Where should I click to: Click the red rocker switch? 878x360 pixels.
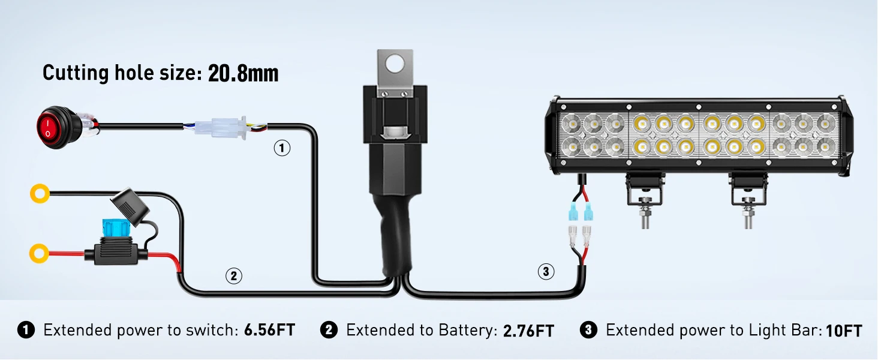point(59,127)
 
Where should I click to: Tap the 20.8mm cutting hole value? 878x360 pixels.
point(243,73)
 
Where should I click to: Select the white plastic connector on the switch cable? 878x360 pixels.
point(221,127)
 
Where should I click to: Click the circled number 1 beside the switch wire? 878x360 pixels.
point(282,148)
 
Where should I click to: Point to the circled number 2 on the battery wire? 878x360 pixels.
point(234,275)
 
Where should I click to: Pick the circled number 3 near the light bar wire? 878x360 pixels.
point(546,271)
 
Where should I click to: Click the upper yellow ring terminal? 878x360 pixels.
point(40,193)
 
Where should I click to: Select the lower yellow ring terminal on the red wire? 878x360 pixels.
point(39,253)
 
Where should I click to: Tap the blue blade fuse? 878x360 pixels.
point(116,228)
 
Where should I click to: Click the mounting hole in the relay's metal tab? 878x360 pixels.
point(394,64)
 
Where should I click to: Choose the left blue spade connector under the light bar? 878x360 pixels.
point(573,214)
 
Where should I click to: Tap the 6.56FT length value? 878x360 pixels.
point(269,330)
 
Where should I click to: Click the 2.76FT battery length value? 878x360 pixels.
point(528,331)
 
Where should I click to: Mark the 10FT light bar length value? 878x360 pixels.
point(844,331)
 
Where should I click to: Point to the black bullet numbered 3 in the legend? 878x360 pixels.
point(588,330)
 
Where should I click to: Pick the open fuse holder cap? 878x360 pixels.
point(130,206)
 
